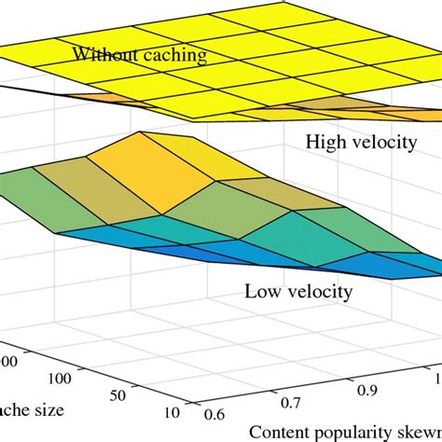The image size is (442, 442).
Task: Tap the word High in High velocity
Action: pyautogui.click(x=322, y=143)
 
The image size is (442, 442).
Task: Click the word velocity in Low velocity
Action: pyautogui.click(x=318, y=293)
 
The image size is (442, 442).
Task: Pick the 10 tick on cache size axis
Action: pyautogui.click(x=172, y=413)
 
